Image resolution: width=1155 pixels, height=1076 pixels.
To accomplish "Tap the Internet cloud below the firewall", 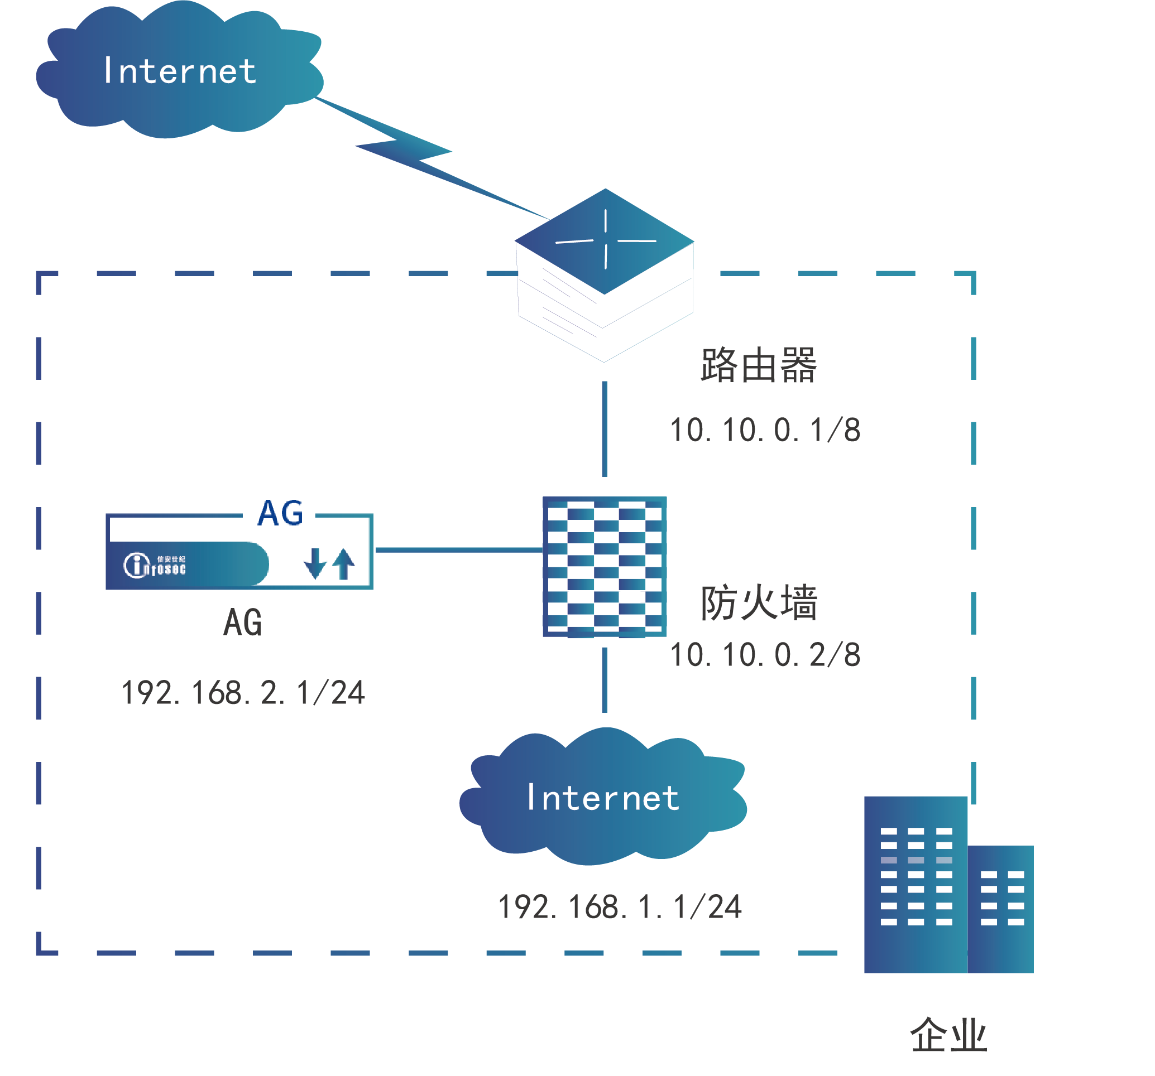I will pyautogui.click(x=603, y=798).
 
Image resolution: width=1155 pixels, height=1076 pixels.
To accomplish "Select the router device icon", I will pyautogui.click(x=604, y=273).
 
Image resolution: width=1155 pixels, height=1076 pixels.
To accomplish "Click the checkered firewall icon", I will pyautogui.click(x=604, y=567).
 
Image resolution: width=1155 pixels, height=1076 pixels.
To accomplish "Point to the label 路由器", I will pyautogui.click(x=758, y=366).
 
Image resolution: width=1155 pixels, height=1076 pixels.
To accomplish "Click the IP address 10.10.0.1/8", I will pyautogui.click(x=765, y=431).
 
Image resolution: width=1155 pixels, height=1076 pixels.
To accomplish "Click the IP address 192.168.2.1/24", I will pyautogui.click(x=243, y=693).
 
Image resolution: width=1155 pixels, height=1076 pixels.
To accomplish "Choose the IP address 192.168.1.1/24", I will pyautogui.click(x=619, y=908).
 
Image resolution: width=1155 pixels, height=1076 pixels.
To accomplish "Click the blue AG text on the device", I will pyautogui.click(x=280, y=513).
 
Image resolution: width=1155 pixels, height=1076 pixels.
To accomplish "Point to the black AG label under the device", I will pyautogui.click(x=243, y=623).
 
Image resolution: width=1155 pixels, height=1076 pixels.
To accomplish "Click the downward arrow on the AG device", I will pyautogui.click(x=315, y=564).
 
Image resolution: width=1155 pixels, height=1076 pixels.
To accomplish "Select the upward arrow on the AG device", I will pyautogui.click(x=344, y=564).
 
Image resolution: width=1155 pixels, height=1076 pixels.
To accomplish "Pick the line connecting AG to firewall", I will pyautogui.click(x=459, y=550).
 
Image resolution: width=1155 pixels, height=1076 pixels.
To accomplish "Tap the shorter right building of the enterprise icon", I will pyautogui.click(x=1000, y=909).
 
